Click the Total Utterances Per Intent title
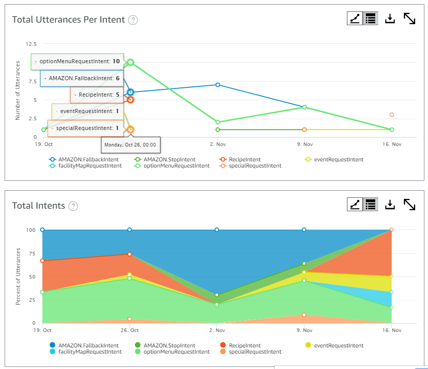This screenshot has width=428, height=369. coord(68,20)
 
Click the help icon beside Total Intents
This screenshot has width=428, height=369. coord(73,206)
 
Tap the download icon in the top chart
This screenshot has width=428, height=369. coord(390,19)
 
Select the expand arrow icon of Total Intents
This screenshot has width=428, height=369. coord(410,205)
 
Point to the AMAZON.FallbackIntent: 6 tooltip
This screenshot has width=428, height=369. coord(82,78)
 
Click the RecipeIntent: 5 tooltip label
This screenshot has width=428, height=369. coord(97,95)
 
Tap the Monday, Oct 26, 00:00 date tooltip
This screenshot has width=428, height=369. coord(131,145)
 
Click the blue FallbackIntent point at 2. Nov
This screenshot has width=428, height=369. coord(218,85)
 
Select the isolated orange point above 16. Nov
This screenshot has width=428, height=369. coord(392,115)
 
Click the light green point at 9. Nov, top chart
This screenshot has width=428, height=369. coord(304,107)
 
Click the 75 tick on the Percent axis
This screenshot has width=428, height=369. coord(33,253)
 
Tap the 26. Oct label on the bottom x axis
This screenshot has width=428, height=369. coord(129,330)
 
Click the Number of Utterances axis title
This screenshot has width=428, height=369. coord(17,90)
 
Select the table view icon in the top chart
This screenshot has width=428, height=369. coord(370,19)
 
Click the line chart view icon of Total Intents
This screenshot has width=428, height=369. coord(355,205)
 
